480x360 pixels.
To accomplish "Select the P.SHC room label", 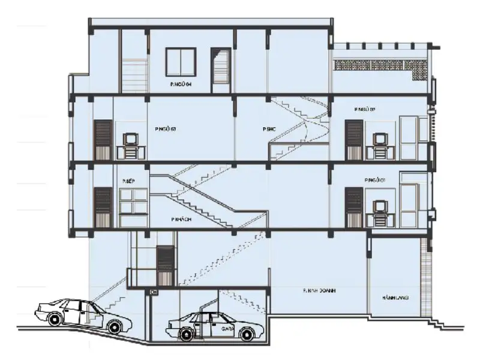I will [268, 129].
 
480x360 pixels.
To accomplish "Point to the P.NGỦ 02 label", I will [364, 109].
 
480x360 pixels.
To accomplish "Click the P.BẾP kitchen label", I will [127, 181].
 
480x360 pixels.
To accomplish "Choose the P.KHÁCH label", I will [181, 220].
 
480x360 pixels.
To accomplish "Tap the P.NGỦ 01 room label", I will [374, 180].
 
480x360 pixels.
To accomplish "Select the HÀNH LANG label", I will [394, 297].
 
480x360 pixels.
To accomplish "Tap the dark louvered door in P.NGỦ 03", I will [103, 140].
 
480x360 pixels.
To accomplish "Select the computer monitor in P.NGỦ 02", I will [380, 140].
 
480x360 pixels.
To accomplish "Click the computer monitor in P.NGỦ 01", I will [380, 208].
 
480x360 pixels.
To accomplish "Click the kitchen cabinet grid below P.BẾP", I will [134, 201].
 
